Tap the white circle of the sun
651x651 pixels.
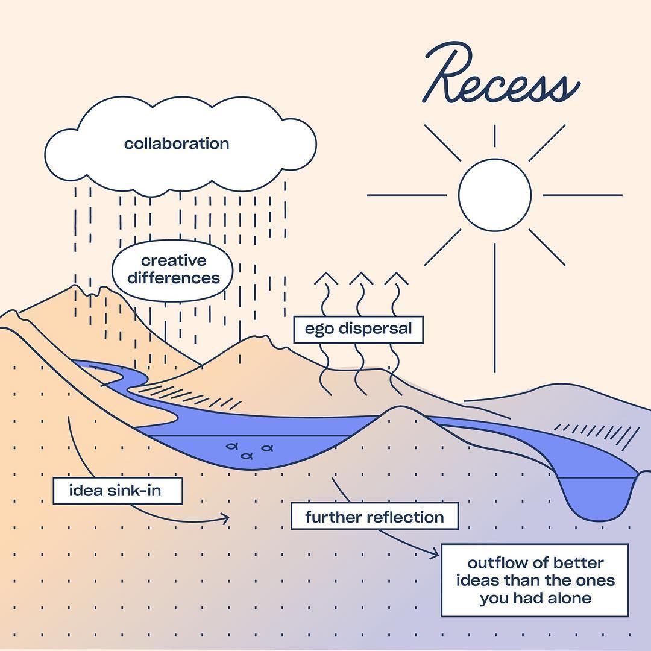tap(494, 195)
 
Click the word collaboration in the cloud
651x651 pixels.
tap(177, 144)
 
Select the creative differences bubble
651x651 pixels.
tap(173, 270)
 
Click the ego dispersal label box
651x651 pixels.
tap(358, 329)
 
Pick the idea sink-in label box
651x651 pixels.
tap(118, 491)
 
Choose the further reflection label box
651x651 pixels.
tap(374, 517)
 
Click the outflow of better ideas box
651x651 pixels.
tap(535, 580)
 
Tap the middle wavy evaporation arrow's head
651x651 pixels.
tap(361, 278)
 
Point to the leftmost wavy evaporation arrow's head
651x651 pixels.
tap(327, 278)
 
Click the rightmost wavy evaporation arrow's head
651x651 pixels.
tap(396, 278)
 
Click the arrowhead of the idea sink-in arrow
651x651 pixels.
tap(226, 518)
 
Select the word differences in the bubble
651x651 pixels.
tap(173, 278)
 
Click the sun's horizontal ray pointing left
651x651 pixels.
tap(407, 195)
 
